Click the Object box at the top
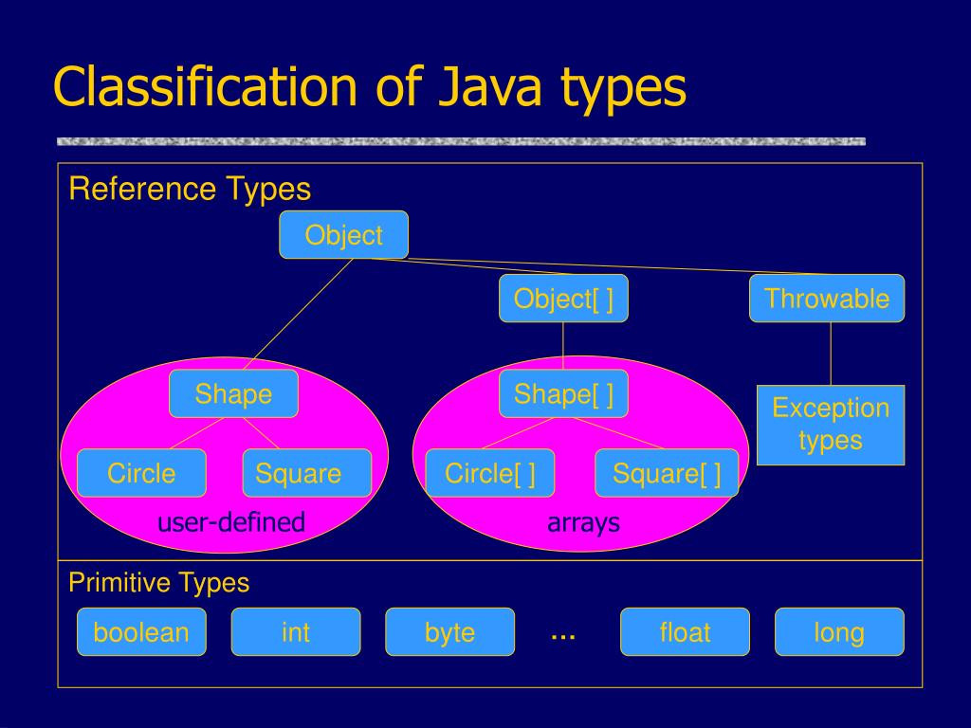tap(343, 235)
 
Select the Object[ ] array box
tap(563, 299)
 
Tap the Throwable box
tap(827, 299)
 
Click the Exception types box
tap(831, 425)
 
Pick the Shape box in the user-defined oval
tap(233, 393)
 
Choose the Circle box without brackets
tap(141, 473)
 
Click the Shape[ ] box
tap(563, 393)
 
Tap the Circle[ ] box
tap(489, 473)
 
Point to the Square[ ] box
tap(667, 473)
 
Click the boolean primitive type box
tap(141, 632)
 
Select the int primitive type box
tap(296, 632)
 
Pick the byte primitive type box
tap(449, 632)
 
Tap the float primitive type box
tap(685, 632)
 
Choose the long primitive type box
tap(839, 632)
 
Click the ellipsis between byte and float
tap(563, 636)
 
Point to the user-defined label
tap(231, 521)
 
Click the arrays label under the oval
tap(583, 521)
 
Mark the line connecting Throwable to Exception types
tap(831, 354)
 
